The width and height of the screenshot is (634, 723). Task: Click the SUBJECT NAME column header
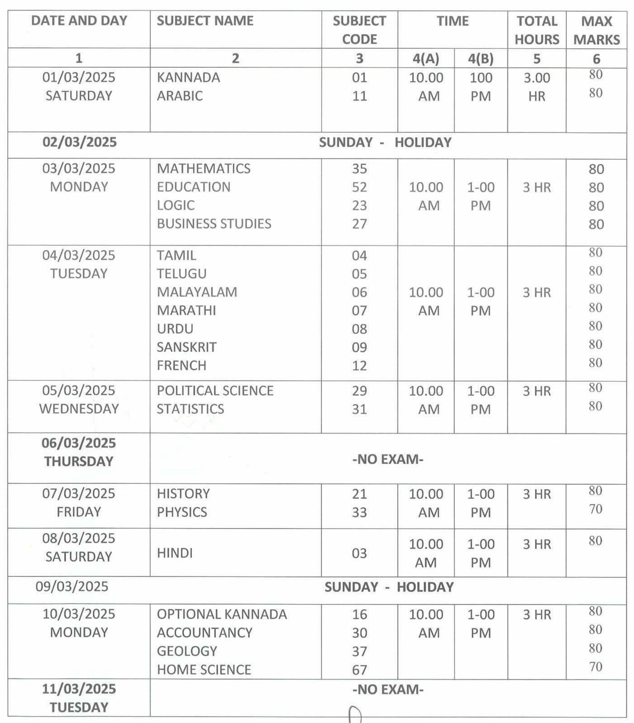click(205, 21)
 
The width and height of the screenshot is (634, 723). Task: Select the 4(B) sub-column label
click(480, 58)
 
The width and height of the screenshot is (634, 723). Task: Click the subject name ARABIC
click(180, 96)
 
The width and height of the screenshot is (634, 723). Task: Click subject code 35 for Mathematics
click(359, 169)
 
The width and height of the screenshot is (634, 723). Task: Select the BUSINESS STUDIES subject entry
click(214, 224)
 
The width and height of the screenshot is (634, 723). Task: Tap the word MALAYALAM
click(197, 292)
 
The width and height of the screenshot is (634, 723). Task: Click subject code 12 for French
click(359, 366)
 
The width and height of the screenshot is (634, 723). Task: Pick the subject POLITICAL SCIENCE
click(215, 391)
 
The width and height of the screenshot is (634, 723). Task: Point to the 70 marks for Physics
click(595, 509)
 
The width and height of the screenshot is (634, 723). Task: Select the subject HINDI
click(175, 553)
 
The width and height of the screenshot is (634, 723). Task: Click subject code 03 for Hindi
click(359, 554)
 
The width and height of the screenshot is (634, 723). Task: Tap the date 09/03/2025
click(72, 587)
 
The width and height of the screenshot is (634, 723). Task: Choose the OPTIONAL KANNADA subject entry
click(222, 614)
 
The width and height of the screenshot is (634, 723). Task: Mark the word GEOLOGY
click(187, 651)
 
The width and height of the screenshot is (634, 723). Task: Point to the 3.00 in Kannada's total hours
click(536, 78)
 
